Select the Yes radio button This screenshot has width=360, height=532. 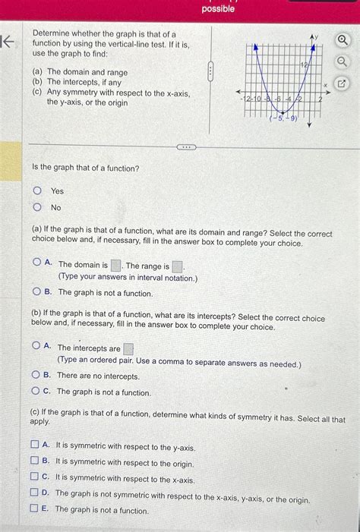[x=36, y=190]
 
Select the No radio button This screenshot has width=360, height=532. [x=36, y=207]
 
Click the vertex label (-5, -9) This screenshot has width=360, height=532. [x=282, y=118]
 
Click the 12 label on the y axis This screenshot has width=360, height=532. [x=304, y=66]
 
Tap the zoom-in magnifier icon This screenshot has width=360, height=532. [x=343, y=40]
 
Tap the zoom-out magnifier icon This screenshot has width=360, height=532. [x=343, y=61]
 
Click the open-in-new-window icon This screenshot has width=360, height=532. [x=343, y=83]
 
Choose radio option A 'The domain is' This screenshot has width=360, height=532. [x=36, y=263]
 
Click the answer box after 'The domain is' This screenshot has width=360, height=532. [x=115, y=266]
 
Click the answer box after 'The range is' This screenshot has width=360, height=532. [x=176, y=266]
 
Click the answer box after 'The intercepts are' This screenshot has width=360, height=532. [x=128, y=349]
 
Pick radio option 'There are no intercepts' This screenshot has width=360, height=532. [x=36, y=375]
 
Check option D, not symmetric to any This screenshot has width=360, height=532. [x=34, y=493]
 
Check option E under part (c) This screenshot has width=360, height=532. [x=34, y=509]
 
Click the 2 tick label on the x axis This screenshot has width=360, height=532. [x=320, y=99]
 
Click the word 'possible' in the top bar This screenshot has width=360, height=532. [x=218, y=9]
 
